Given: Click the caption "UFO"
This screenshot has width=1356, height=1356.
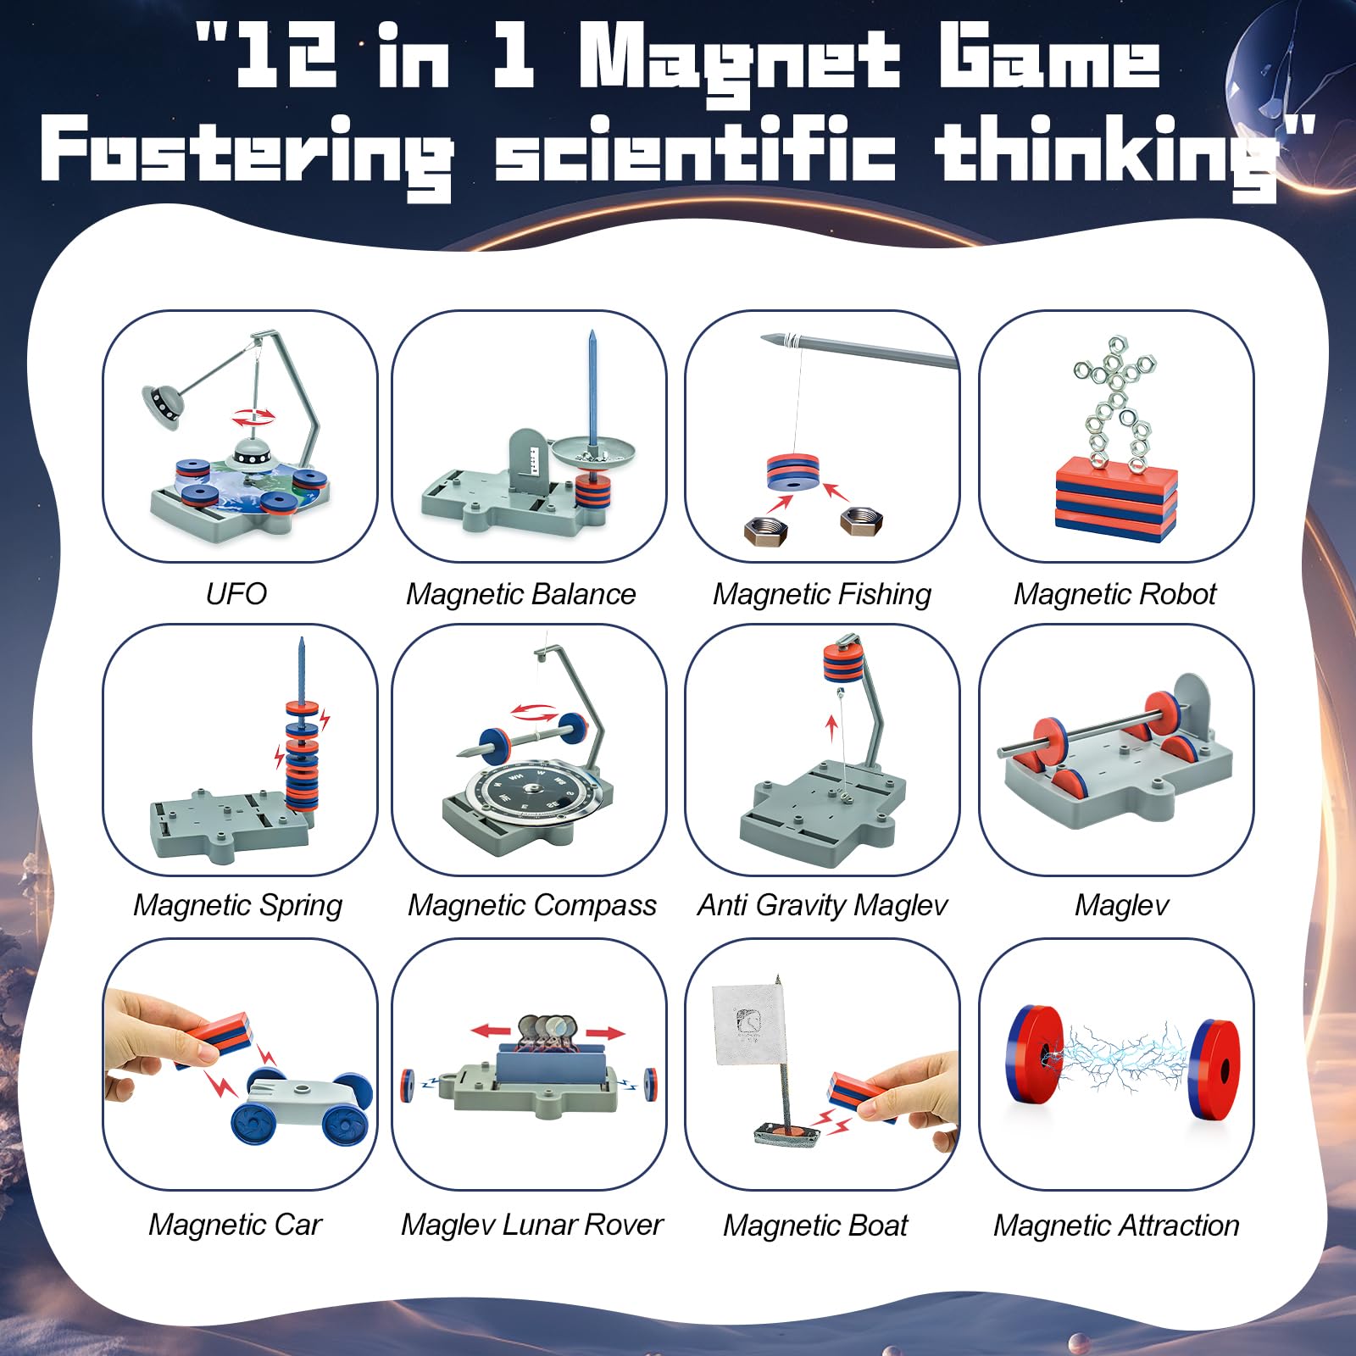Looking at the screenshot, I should point(236,593).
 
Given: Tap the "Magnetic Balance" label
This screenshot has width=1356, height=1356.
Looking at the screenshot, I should point(520,594).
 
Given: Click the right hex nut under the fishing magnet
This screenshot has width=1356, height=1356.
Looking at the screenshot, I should point(861,520).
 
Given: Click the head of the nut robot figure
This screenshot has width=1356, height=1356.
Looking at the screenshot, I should point(1116,350).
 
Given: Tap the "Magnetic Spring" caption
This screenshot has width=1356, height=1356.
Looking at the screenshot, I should point(237,905).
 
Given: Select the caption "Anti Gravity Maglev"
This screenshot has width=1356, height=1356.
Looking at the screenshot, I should point(822,905).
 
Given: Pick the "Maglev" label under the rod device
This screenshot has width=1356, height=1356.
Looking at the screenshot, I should point(1120,905).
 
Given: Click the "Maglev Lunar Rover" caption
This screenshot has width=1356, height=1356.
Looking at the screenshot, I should point(531,1225).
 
